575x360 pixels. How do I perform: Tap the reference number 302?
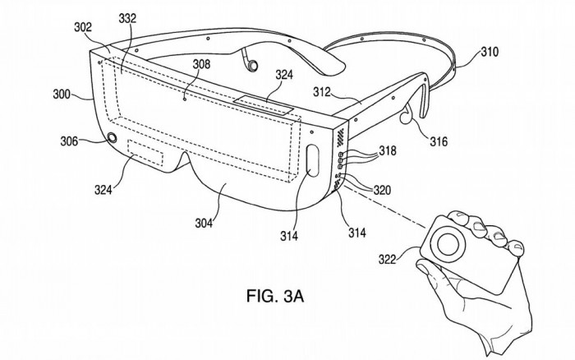click(x=83, y=26)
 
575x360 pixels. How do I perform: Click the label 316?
click(x=438, y=142)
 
